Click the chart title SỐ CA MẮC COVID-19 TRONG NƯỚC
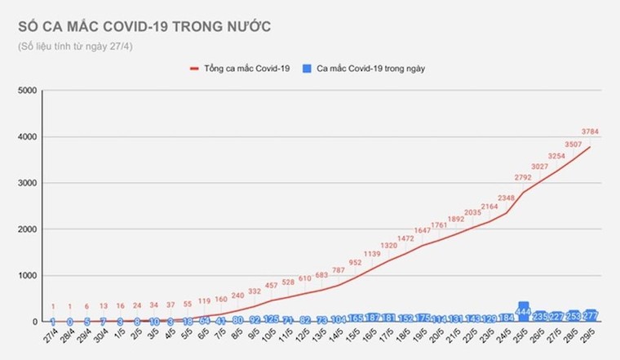145,27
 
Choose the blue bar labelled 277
591,315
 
